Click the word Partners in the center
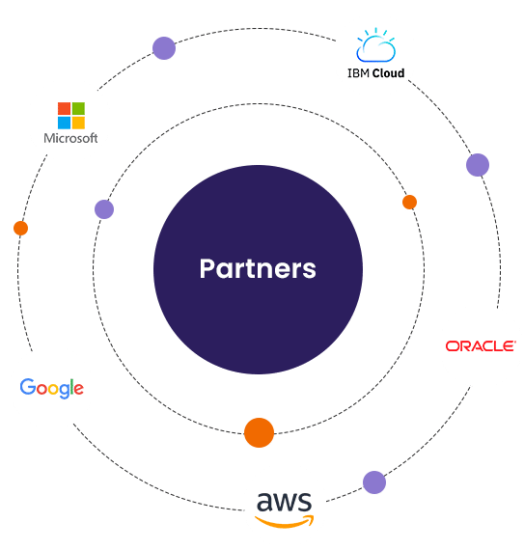(x=258, y=268)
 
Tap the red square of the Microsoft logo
(x=65, y=108)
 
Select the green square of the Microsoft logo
(x=78, y=108)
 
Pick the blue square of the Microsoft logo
(x=65, y=123)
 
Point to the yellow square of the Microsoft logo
(x=78, y=123)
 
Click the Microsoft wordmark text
(x=70, y=138)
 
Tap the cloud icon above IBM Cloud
(x=375, y=45)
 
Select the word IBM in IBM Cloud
(x=358, y=73)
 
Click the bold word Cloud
(x=388, y=73)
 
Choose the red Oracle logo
(x=481, y=346)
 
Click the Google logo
(x=51, y=388)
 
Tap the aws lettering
(x=284, y=502)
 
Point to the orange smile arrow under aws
(x=284, y=522)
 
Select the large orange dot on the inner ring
(x=259, y=432)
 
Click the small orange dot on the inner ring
(x=409, y=202)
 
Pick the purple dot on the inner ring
(x=104, y=209)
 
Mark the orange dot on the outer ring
(x=20, y=229)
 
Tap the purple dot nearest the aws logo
(x=374, y=482)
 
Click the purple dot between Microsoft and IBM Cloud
(x=164, y=48)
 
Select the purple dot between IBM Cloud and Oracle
(x=478, y=165)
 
